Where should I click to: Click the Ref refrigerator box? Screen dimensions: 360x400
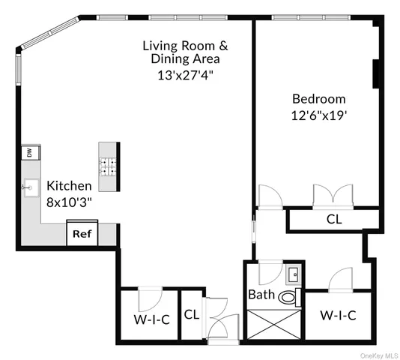pyautogui.click(x=81, y=234)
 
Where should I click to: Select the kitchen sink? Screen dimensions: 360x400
pyautogui.click(x=30, y=186)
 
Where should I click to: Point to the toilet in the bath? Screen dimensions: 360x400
pyautogui.click(x=287, y=298)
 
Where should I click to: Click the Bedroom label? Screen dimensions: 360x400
pyautogui.click(x=318, y=98)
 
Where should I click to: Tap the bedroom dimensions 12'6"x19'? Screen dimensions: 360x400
pyautogui.click(x=318, y=115)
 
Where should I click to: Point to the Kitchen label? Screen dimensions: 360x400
pyautogui.click(x=69, y=185)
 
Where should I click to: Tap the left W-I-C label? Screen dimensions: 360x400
pyautogui.click(x=152, y=319)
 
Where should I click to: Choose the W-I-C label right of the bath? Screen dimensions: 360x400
pyautogui.click(x=337, y=315)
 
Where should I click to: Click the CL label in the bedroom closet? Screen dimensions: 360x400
pyautogui.click(x=335, y=219)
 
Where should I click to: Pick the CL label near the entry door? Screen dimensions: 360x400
pyautogui.click(x=191, y=315)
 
